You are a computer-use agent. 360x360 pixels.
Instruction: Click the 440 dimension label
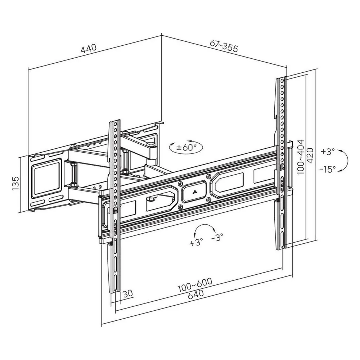click(x=89, y=49)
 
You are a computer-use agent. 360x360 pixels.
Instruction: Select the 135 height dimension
click(x=15, y=183)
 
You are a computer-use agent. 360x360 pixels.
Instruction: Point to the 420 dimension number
click(x=310, y=156)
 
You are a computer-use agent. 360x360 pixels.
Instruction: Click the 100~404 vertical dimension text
click(x=301, y=157)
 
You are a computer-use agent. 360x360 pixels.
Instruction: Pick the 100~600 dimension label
click(x=195, y=285)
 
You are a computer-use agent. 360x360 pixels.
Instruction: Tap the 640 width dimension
click(x=195, y=295)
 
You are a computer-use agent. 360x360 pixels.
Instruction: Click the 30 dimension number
click(x=128, y=294)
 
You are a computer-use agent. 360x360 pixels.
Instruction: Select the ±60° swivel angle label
click(x=186, y=147)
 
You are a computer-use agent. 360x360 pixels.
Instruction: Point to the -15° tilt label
click(x=328, y=170)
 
